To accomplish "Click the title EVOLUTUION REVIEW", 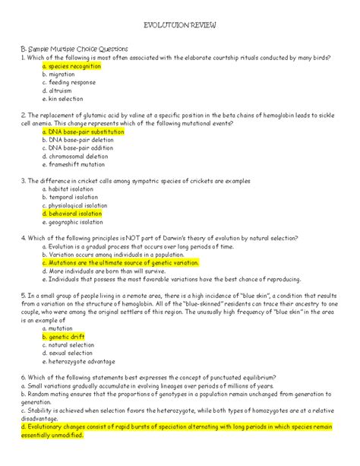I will click(180, 25).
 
